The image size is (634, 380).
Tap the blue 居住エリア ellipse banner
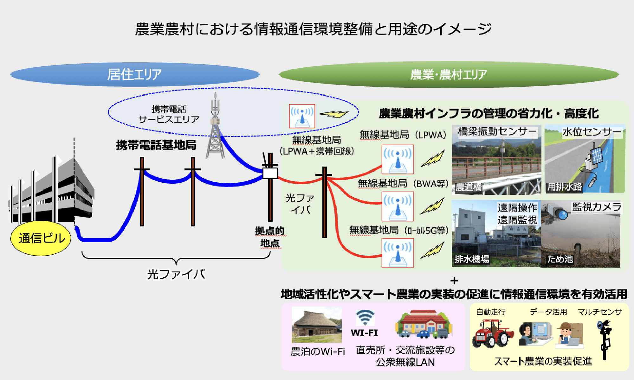pos(135,74)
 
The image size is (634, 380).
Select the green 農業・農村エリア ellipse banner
pos(448,74)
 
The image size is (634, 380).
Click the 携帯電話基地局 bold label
pos(156,145)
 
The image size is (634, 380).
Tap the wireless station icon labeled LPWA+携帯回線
pos(302,116)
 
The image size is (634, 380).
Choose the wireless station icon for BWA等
pos(398,206)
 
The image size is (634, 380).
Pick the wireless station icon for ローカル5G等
pos(398,253)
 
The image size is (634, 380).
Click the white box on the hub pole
pos(270,173)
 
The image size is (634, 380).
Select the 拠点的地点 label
pos(270,237)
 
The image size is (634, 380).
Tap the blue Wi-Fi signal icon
pos(365,318)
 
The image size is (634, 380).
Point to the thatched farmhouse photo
pos(316,325)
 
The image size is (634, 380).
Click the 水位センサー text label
pos(592,132)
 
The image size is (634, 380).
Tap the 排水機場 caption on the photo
pos(472,259)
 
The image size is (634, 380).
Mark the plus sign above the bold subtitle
pos(454,281)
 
